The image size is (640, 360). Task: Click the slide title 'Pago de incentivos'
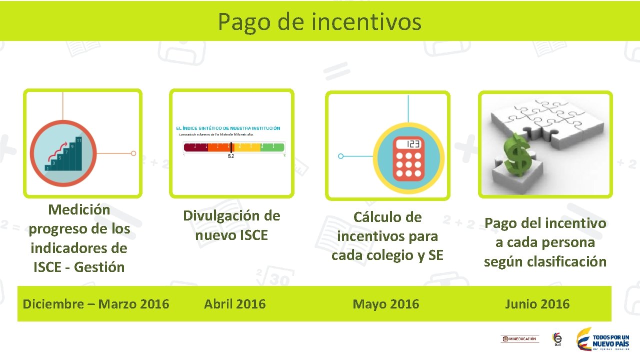point(319,21)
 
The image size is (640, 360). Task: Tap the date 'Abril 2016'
point(234,304)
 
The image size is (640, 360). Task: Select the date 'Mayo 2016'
point(386,304)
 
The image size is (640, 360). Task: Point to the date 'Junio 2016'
point(537,304)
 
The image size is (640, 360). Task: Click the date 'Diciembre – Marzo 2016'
point(96,304)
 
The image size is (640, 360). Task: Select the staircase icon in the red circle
point(63,154)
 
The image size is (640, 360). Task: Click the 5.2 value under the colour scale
point(231,156)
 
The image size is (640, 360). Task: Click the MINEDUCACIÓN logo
point(519,339)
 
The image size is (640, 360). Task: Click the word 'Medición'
point(79,209)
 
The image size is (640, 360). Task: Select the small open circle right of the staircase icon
point(133,153)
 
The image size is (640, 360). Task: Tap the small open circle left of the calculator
point(341,156)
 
